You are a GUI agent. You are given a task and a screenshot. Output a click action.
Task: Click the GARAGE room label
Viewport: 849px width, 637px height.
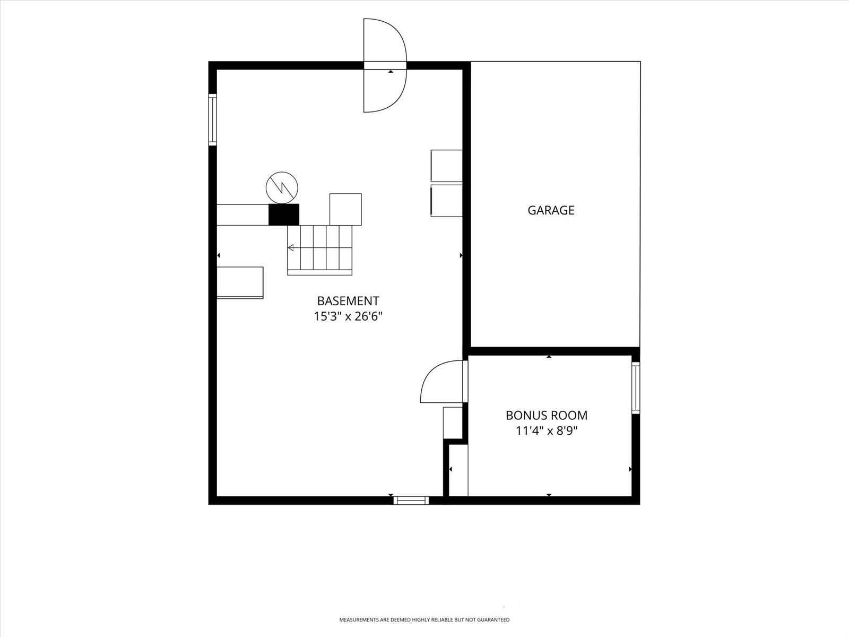(x=551, y=210)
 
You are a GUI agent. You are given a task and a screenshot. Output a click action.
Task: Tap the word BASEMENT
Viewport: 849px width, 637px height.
(x=348, y=300)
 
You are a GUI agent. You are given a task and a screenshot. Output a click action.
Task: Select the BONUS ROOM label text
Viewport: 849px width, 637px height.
(x=547, y=415)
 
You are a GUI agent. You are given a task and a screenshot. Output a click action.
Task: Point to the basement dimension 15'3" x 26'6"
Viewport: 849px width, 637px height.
(x=348, y=316)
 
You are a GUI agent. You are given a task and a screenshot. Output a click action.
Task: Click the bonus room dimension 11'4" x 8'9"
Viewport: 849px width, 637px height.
(x=547, y=431)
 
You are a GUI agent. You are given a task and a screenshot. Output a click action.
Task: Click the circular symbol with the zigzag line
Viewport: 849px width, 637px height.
(x=282, y=187)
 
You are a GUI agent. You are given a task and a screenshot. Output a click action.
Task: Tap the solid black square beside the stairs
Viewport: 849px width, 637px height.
(x=284, y=214)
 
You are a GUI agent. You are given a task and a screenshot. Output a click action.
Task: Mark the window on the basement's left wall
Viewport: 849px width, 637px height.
(x=212, y=119)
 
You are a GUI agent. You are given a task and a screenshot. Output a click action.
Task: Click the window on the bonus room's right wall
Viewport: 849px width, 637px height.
(x=636, y=388)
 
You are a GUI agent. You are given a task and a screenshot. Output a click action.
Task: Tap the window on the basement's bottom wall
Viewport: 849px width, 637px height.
(x=411, y=501)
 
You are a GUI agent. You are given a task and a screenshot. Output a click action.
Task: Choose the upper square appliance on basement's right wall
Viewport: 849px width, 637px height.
(x=447, y=166)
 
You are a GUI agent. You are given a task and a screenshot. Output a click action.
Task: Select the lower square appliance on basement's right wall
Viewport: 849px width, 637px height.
(x=447, y=201)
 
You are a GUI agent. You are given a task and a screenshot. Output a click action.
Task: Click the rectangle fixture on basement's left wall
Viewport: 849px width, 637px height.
(x=240, y=283)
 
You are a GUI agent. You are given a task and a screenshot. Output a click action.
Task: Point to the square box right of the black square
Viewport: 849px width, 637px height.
(x=345, y=209)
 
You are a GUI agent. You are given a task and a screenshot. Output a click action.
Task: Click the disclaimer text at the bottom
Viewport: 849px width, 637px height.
(x=424, y=620)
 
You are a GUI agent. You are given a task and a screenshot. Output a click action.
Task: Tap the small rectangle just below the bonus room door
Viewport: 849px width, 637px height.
(x=453, y=423)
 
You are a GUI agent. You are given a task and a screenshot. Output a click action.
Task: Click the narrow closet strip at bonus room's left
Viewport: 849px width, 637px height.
(x=458, y=470)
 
